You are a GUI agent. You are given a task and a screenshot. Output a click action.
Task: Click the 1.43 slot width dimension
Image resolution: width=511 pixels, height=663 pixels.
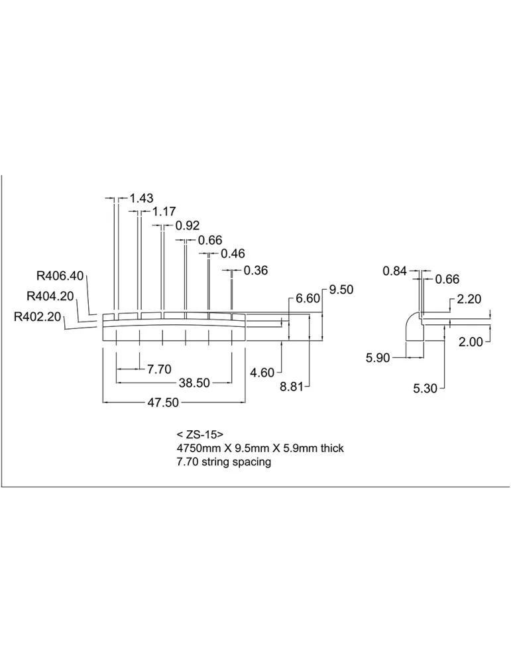pos(141,198)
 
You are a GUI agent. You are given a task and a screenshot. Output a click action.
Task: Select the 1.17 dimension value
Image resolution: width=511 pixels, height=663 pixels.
pos(164,211)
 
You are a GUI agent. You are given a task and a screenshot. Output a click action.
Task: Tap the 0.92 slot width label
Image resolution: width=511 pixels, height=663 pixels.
pos(188,225)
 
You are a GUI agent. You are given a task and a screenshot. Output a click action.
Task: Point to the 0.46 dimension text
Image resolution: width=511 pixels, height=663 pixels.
pos(233,253)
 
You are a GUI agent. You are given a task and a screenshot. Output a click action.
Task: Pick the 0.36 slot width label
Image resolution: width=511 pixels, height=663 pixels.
pos(256,271)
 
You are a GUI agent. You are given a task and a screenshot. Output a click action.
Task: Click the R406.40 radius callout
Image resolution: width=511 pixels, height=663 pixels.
pos(60,276)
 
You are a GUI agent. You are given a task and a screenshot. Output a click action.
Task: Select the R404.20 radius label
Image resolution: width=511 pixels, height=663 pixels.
pos(50,296)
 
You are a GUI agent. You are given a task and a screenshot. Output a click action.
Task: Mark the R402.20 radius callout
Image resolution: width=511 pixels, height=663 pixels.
pos(38,316)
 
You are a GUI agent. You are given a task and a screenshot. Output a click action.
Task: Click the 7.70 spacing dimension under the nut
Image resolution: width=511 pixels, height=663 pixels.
pos(159,369)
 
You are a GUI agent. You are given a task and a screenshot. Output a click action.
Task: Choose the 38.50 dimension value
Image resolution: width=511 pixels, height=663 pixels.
pos(194,383)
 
